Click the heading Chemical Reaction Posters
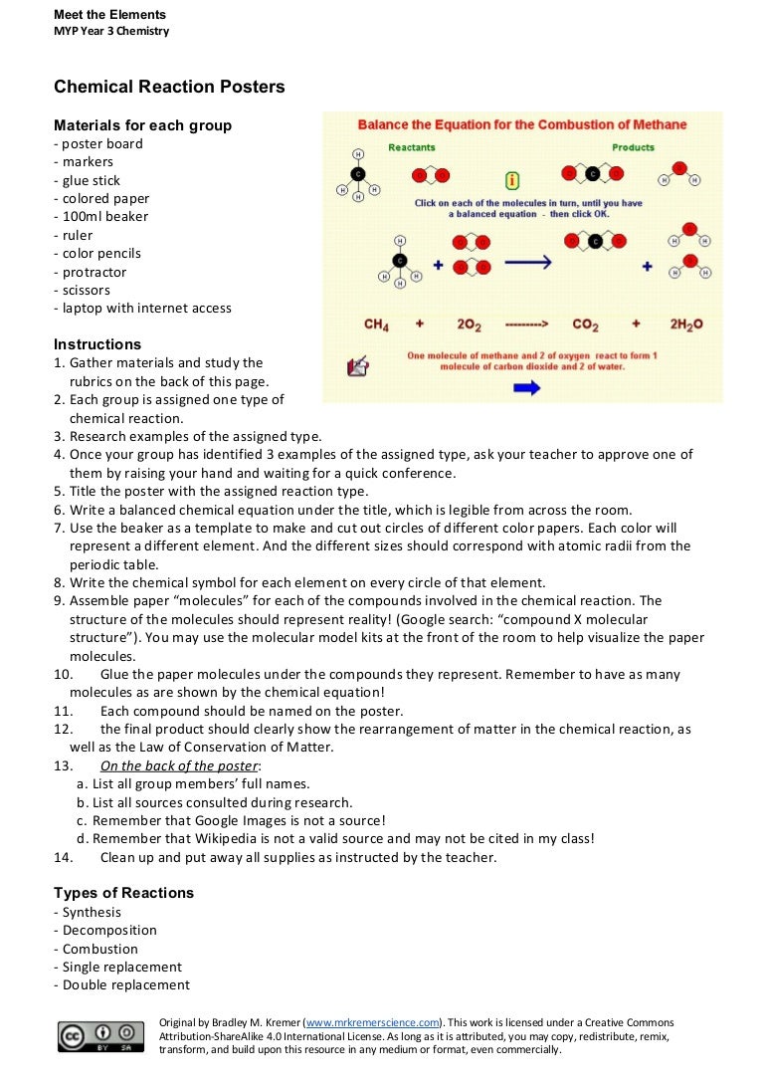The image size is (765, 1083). (x=169, y=87)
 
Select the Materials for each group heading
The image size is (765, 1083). (x=142, y=125)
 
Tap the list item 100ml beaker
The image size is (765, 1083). (x=104, y=217)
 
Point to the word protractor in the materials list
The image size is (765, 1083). (x=95, y=272)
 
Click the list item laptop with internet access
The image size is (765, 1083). (x=146, y=309)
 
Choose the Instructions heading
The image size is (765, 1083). (x=97, y=344)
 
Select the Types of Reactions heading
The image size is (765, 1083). (x=123, y=893)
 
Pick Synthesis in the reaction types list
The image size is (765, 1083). (x=92, y=913)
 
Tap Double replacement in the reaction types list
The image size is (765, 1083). (x=125, y=985)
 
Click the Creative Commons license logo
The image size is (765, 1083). (x=96, y=1035)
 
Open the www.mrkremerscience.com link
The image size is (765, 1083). (x=372, y=1022)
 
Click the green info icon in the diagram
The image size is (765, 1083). (x=512, y=180)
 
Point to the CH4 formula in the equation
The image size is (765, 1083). (x=376, y=325)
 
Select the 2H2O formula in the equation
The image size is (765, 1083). (x=685, y=325)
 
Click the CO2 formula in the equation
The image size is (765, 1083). (x=585, y=325)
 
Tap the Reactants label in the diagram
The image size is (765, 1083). (x=411, y=147)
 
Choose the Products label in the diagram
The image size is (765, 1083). (x=633, y=147)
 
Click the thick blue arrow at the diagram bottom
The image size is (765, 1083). (x=526, y=387)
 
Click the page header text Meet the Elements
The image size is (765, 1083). (x=109, y=15)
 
